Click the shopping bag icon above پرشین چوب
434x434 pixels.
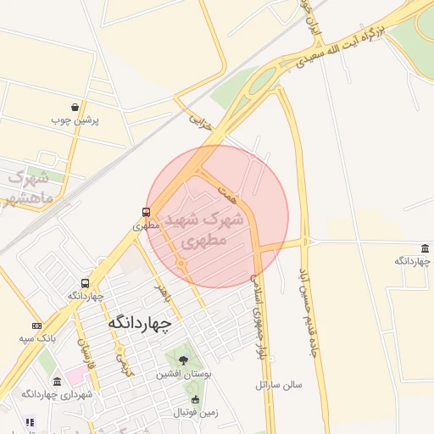click(x=76, y=108)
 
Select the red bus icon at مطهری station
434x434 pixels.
click(x=147, y=212)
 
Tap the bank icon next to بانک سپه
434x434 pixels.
click(x=36, y=325)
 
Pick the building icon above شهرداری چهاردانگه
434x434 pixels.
click(x=57, y=381)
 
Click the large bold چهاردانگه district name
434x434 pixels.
click(x=140, y=323)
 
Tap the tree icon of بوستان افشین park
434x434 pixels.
click(x=183, y=359)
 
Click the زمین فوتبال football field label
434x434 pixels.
click(x=196, y=413)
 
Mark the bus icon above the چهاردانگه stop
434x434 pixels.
click(x=85, y=283)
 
